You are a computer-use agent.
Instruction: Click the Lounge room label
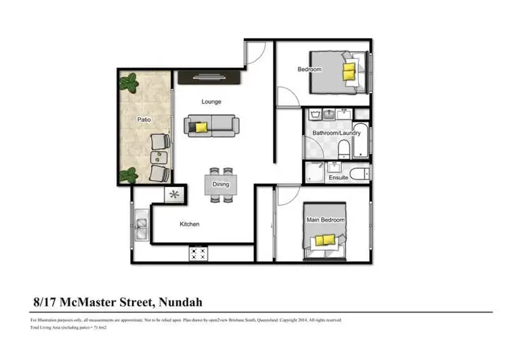coord(211,102)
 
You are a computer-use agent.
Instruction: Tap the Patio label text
coord(144,119)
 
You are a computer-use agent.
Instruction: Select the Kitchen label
coord(189,224)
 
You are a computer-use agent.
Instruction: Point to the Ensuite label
coord(339,178)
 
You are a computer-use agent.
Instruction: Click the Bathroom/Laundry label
coord(336,134)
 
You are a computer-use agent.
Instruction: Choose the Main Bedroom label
coord(326,220)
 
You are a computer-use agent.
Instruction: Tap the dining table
coord(221,184)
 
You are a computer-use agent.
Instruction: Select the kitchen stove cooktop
coord(198,254)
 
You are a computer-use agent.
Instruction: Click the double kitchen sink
coord(142,228)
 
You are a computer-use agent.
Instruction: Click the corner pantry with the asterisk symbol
coord(174,195)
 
